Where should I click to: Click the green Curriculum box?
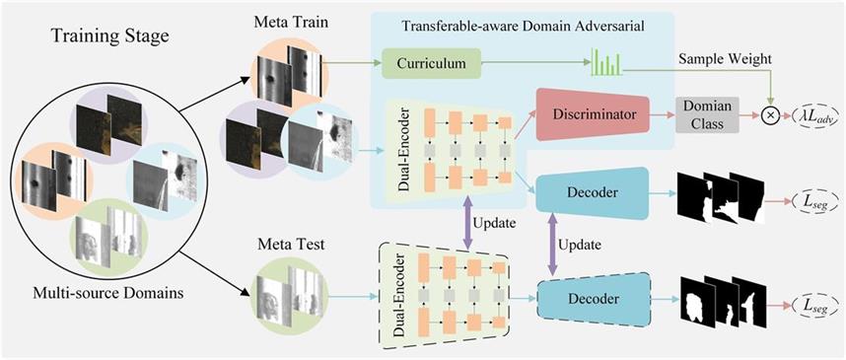(431, 63)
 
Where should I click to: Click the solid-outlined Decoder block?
(592, 193)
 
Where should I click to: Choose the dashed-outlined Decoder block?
(593, 299)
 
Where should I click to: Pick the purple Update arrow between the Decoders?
(552, 244)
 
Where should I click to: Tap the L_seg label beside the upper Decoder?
(814, 201)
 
